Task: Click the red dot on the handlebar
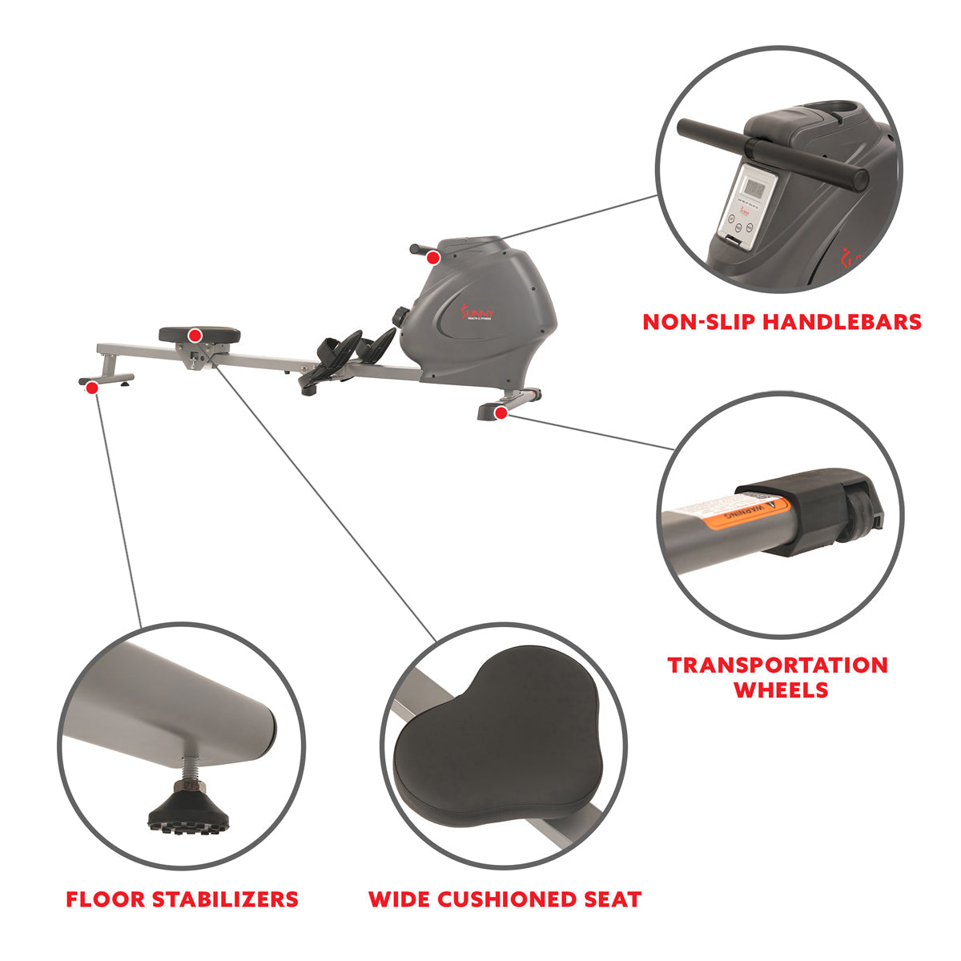click(433, 258)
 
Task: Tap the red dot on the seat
click(195, 334)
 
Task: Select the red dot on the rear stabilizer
click(92, 388)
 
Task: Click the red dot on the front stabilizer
click(501, 412)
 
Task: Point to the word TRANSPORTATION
click(778, 665)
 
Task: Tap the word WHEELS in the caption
click(781, 690)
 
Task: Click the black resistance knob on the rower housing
click(399, 316)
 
